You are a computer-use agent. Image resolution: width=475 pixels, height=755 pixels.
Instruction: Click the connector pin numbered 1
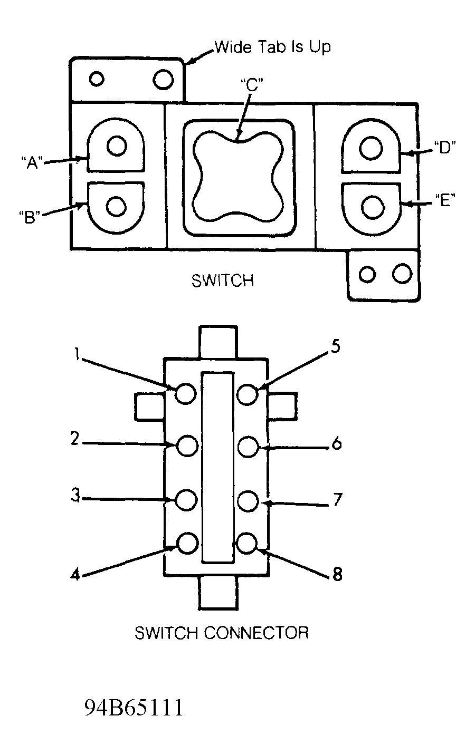point(186,393)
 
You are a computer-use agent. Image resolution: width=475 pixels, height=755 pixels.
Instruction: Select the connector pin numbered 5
point(248,394)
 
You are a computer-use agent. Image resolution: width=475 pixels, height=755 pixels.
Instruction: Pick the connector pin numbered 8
point(247,543)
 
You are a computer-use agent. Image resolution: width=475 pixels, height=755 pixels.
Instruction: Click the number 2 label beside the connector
point(75,439)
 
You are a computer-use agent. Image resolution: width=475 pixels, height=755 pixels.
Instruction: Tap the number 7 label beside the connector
point(337,500)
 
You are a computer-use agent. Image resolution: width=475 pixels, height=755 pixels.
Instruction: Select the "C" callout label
point(252,85)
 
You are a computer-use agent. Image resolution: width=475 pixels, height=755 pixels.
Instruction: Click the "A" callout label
point(32,163)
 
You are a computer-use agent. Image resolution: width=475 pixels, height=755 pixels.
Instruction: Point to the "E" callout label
point(445,200)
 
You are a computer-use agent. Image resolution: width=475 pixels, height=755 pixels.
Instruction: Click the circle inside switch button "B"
point(117,206)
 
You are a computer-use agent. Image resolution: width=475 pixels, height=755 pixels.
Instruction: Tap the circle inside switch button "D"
point(371,148)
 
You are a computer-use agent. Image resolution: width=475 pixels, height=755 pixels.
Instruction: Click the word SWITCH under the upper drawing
point(223,281)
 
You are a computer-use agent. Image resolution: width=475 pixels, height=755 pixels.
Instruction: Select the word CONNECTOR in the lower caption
point(256,633)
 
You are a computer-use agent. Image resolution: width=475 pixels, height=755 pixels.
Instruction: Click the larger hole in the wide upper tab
point(163,80)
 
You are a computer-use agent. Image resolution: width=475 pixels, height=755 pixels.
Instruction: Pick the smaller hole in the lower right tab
point(367,274)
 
